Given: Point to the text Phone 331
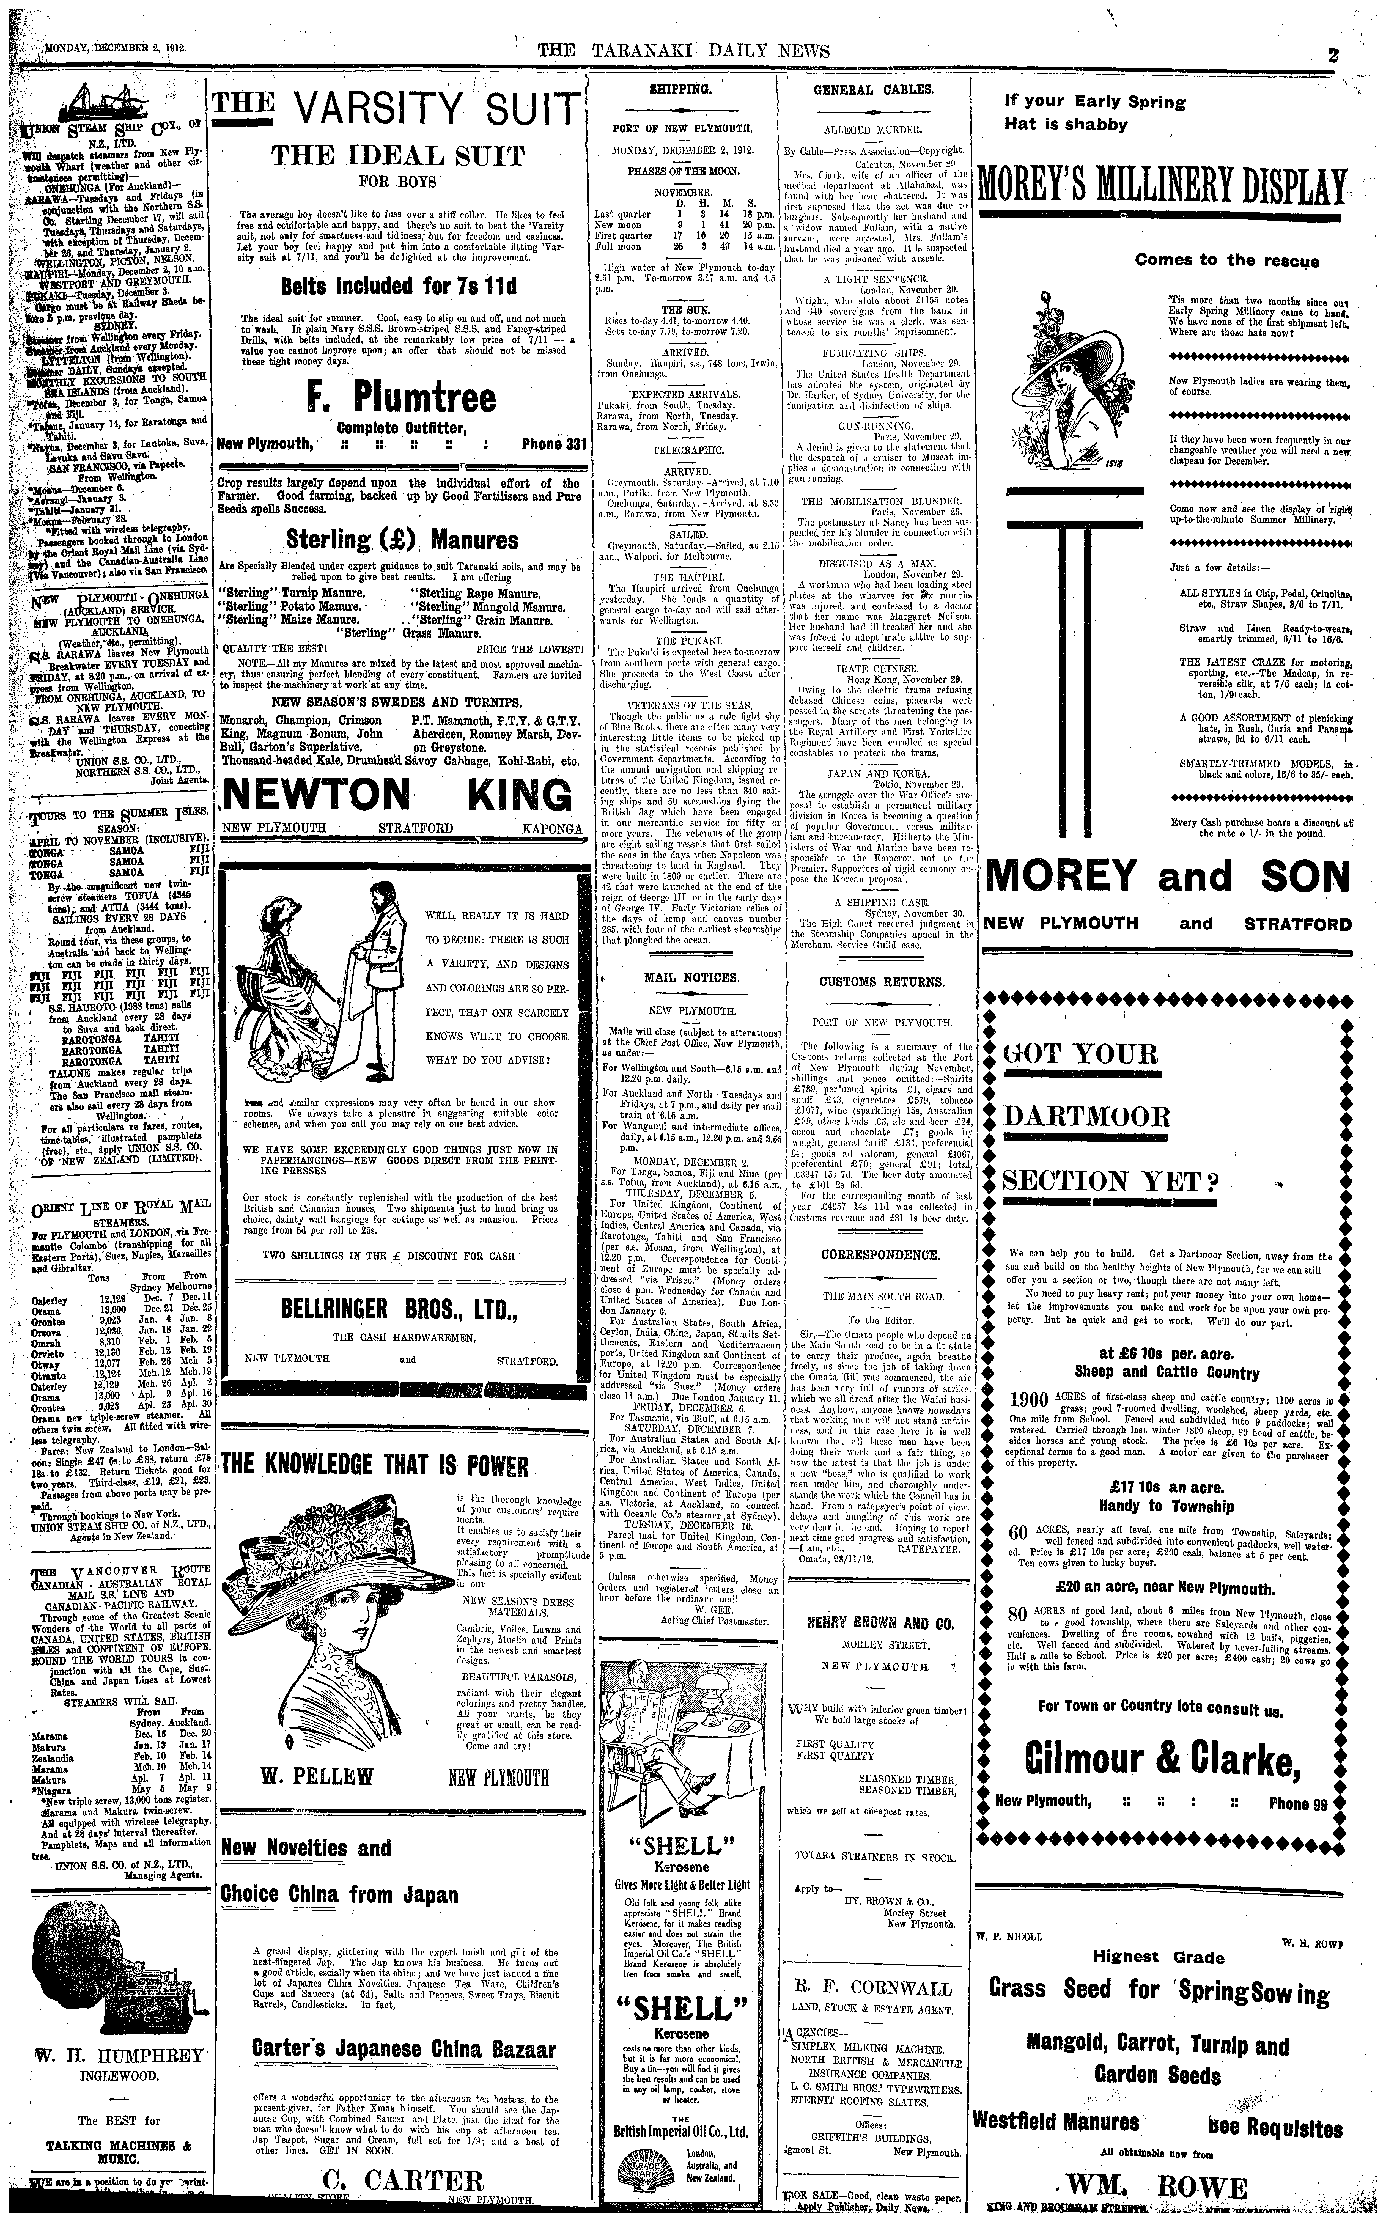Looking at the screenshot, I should click(553, 444).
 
